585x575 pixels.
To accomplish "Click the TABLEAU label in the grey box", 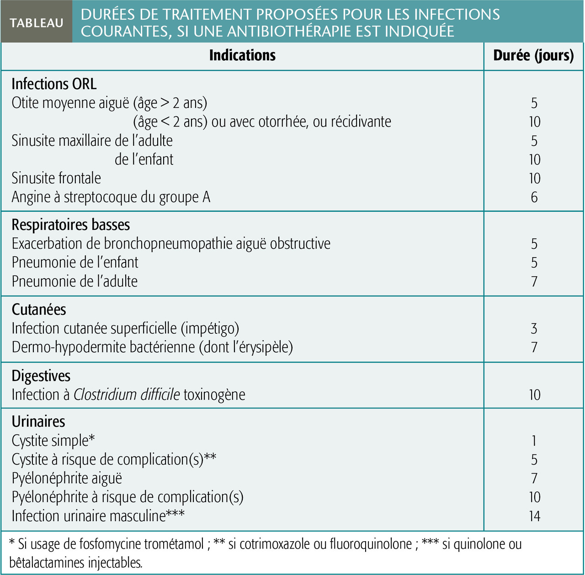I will pos(37,23).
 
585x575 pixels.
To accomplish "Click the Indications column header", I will pos(242,56).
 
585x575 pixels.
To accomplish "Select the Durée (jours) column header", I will pos(533,56).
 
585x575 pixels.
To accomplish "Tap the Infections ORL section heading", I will pos(54,84).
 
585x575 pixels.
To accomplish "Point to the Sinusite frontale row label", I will pos(56,178).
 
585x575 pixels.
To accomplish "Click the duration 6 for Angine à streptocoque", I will pos(534,197).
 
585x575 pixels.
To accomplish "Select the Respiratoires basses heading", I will pos(71,225).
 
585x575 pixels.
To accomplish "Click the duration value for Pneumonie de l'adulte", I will pos(534,281).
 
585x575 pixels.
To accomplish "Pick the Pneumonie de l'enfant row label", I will pos(75,263).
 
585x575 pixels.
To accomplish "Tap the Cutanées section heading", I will pos(39,310).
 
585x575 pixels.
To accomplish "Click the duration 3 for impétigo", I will pos(534,329).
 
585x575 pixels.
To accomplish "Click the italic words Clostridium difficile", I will pos(127,395).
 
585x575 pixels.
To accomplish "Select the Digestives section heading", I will pos(41,376).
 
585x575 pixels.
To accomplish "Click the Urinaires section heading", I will pos(38,422).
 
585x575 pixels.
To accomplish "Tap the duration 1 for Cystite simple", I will pos(534,441).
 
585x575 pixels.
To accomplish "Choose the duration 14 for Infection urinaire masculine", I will pos(534,517).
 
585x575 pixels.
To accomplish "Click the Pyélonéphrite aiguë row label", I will pos(67,479).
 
